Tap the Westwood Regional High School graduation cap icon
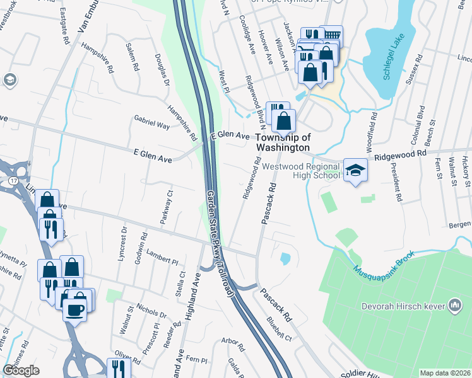point(355,170)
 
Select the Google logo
point(21,370)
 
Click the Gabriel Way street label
point(151,122)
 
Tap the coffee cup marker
point(75,310)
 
